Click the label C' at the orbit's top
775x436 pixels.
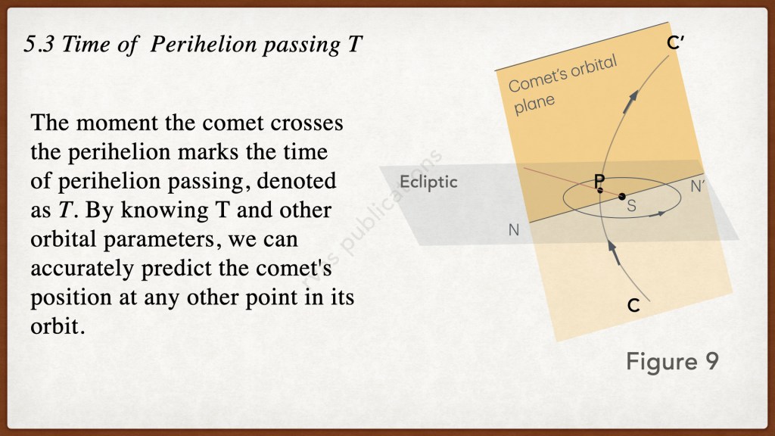(675, 43)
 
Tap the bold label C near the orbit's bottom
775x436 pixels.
(633, 306)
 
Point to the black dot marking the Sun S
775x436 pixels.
(622, 197)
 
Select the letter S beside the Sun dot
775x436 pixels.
(631, 206)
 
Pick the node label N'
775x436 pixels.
(697, 186)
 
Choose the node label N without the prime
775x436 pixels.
(514, 230)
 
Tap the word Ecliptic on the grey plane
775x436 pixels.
(428, 182)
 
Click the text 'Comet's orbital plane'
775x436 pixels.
(562, 84)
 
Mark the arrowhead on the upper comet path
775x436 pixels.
(630, 101)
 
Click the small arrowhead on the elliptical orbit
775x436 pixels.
(658, 214)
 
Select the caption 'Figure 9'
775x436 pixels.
(672, 361)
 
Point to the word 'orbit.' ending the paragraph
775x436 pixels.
(58, 326)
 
